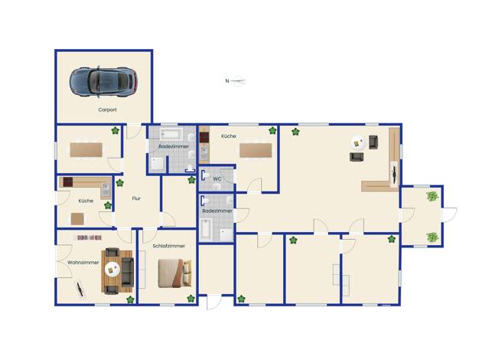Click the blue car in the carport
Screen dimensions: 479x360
click(x=103, y=82)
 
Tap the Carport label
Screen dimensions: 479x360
click(x=107, y=110)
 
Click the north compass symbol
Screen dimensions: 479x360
click(x=236, y=81)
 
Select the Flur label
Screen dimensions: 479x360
click(x=136, y=198)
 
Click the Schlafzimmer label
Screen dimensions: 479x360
click(x=168, y=246)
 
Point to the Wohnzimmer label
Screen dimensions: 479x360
click(x=83, y=263)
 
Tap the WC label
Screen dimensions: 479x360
click(x=217, y=179)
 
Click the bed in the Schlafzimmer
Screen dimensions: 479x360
click(x=174, y=273)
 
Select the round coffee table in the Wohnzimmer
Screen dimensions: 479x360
click(x=112, y=270)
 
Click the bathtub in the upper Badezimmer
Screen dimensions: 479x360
click(x=171, y=134)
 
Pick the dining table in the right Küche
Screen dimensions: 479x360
click(x=256, y=150)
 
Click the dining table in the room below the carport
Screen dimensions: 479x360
click(x=86, y=150)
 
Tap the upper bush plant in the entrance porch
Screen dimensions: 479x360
click(x=432, y=196)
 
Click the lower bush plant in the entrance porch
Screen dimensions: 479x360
click(x=432, y=237)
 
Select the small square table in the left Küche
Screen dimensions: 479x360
click(x=77, y=219)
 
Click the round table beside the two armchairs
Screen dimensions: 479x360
click(x=358, y=142)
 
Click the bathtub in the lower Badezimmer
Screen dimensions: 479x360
click(x=206, y=228)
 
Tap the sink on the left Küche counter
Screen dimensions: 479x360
click(x=106, y=190)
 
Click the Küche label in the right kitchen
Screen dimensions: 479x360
click(x=229, y=136)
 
